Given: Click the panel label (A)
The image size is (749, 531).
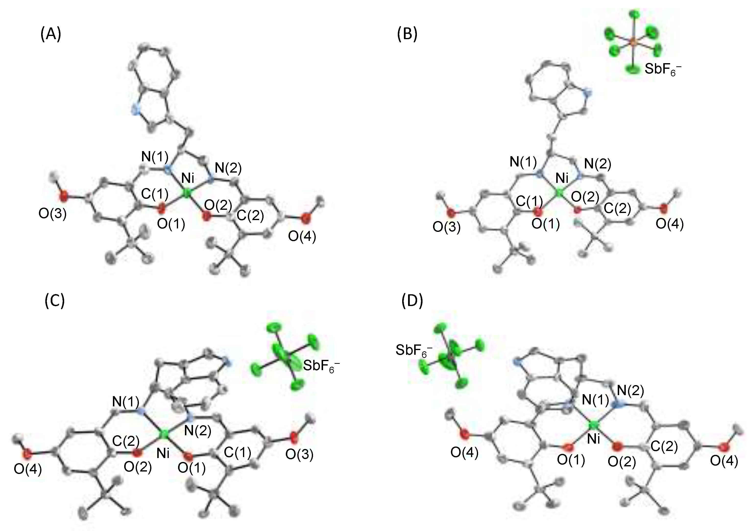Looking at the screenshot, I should (51, 34).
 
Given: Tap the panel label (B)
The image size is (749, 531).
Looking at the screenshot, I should (407, 34).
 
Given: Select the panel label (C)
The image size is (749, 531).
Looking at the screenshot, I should (55, 300).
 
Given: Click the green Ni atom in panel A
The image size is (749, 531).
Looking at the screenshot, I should (186, 194).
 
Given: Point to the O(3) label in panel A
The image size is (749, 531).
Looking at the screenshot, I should (52, 214).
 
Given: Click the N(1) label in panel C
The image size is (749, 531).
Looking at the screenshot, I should (126, 401).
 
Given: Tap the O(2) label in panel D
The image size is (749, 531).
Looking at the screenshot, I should (621, 462).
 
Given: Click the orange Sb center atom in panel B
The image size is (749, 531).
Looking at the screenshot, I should (633, 42).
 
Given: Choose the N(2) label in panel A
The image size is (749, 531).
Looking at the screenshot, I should (228, 168).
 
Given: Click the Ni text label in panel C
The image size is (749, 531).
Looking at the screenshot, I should (163, 453).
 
